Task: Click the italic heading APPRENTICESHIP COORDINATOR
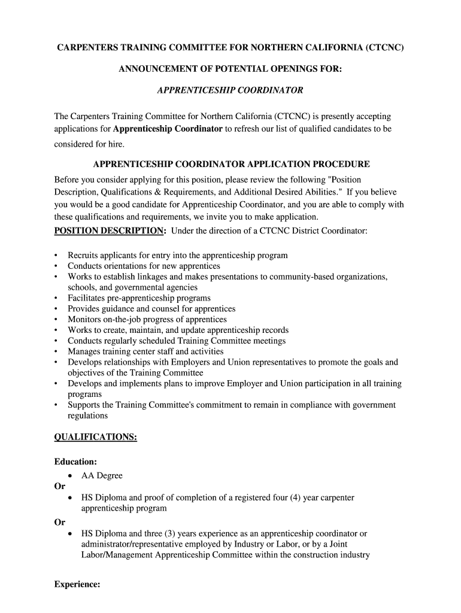pos(230,90)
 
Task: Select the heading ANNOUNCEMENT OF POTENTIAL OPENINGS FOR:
pos(230,69)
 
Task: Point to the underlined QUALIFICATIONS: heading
pos(96,438)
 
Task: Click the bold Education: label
pos(76,462)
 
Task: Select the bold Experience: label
pos(77,585)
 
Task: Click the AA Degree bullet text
pos(102,476)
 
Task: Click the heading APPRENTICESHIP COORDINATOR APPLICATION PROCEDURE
pos(232,164)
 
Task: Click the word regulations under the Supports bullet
pos(88,415)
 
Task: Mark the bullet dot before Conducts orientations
pos(56,266)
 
